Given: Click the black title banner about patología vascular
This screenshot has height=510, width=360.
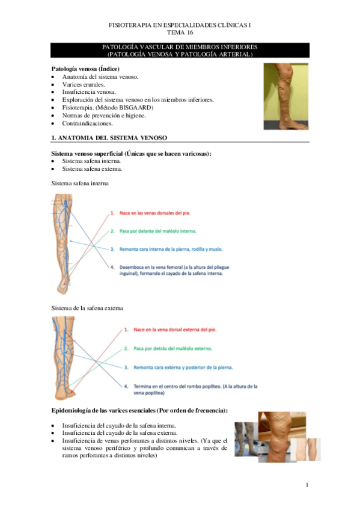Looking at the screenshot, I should [x=180, y=51].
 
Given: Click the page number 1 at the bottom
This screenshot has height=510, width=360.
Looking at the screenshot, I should [x=307, y=485].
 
